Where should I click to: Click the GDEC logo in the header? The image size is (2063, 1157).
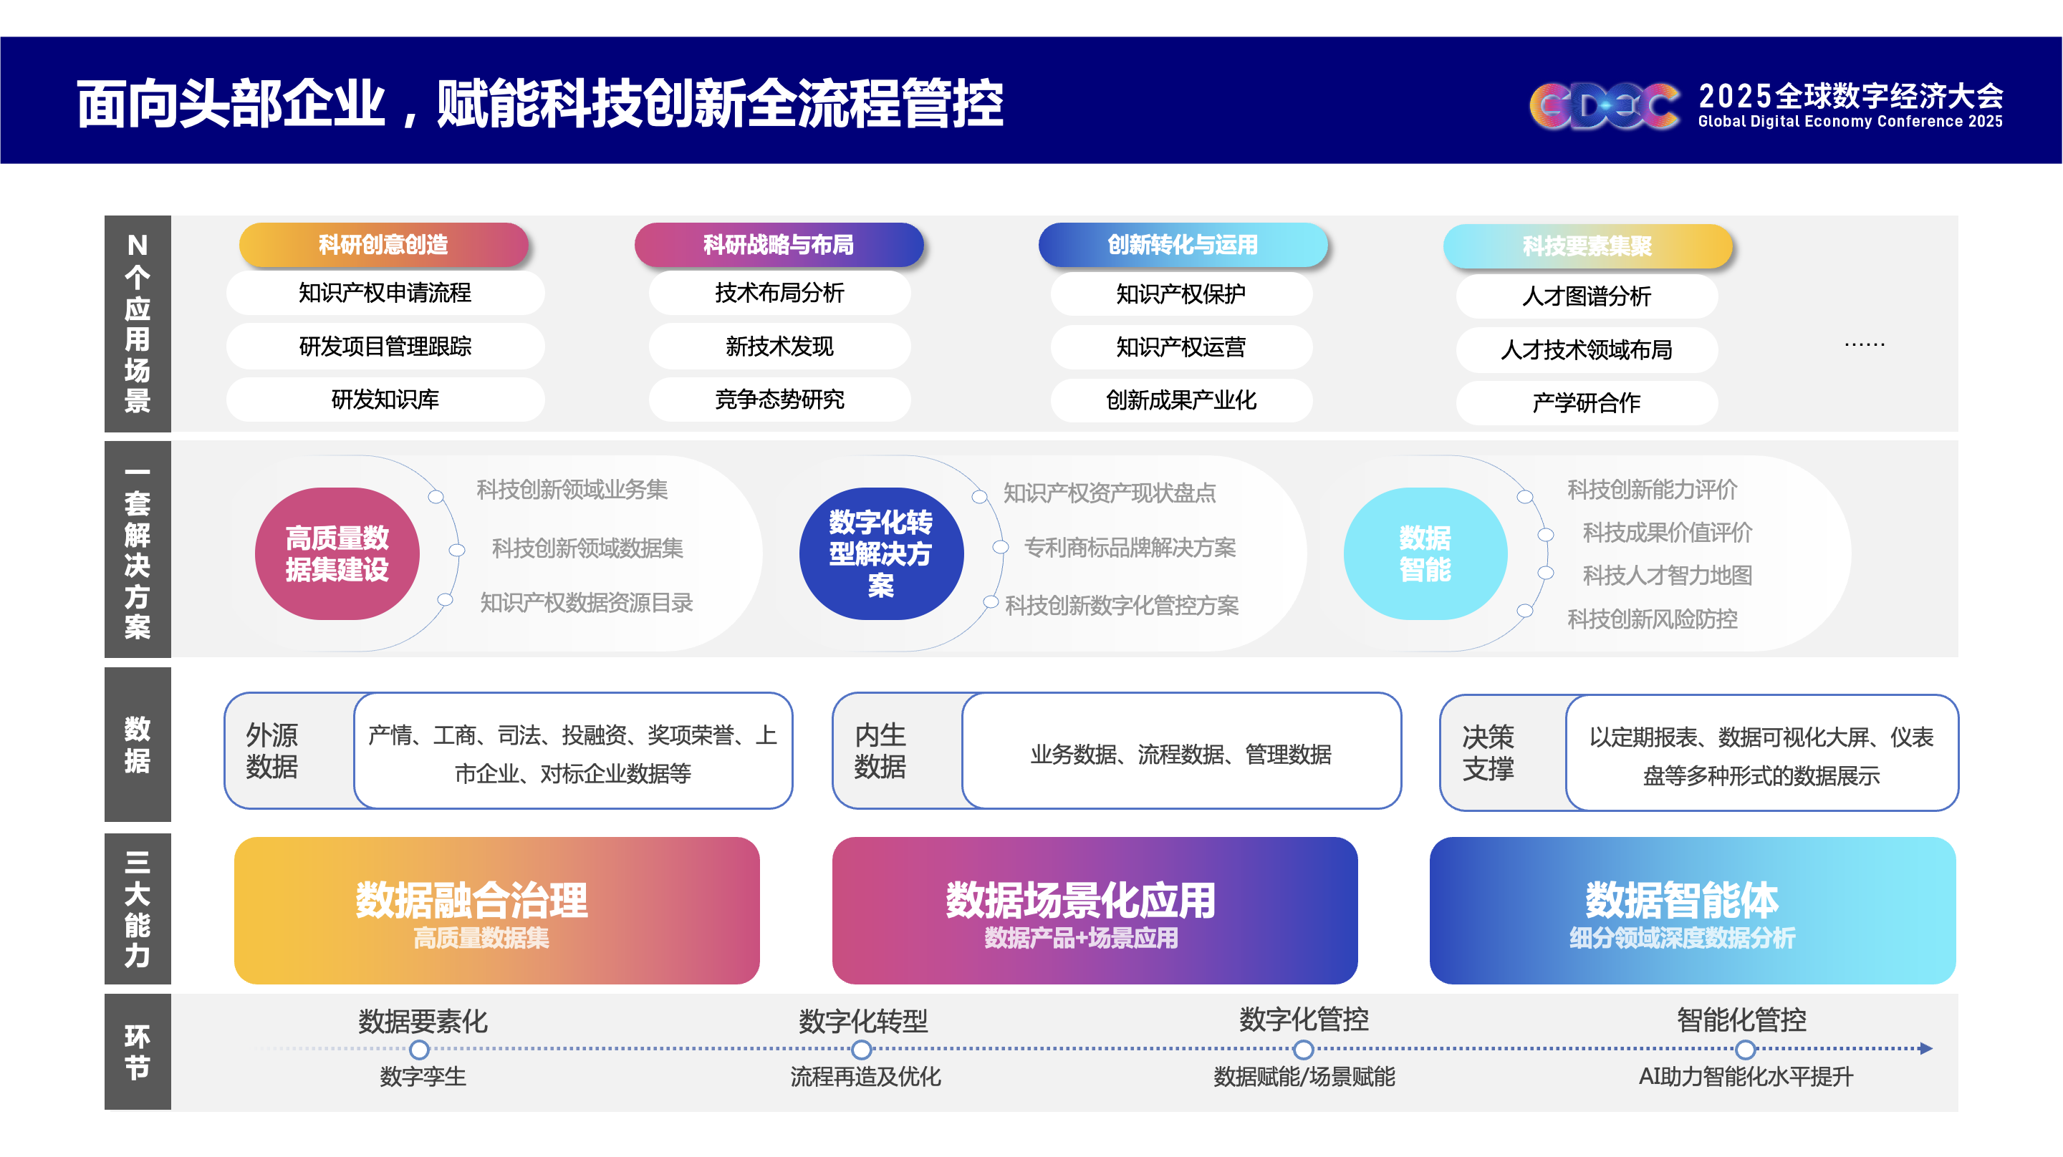tap(1604, 106)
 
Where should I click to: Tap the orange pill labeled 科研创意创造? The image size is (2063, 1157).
tap(384, 244)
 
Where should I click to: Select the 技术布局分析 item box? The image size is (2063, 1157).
tap(779, 293)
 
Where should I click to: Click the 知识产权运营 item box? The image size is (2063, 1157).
tap(1181, 347)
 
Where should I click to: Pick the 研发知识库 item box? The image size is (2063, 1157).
tap(385, 400)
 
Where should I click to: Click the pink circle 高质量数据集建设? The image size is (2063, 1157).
tap(337, 553)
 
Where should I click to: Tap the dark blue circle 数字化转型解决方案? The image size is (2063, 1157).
tap(881, 553)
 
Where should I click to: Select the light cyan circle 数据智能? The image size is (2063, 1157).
tap(1425, 553)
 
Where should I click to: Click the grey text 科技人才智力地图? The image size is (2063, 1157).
tap(1668, 575)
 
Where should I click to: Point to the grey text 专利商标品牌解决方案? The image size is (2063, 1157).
tap(1130, 548)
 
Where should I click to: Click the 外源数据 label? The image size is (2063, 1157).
tap(271, 750)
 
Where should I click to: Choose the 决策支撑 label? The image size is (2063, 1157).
tap(1488, 752)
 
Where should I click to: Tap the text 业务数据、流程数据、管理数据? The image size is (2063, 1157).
tap(1180, 754)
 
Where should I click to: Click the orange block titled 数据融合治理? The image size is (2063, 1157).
tap(496, 911)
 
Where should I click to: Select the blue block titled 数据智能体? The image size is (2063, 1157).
tap(1692, 911)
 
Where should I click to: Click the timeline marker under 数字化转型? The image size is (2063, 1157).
tap(862, 1049)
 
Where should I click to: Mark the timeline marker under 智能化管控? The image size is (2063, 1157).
tap(1746, 1049)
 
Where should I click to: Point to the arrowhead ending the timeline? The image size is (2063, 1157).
tap(1926, 1048)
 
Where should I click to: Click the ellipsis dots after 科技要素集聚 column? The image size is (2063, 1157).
tap(1865, 344)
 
